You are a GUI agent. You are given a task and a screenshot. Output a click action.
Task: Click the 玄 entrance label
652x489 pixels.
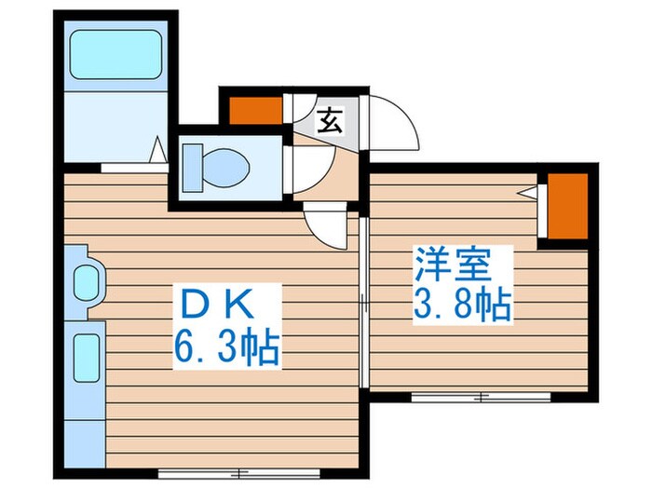pyautogui.click(x=329, y=121)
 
